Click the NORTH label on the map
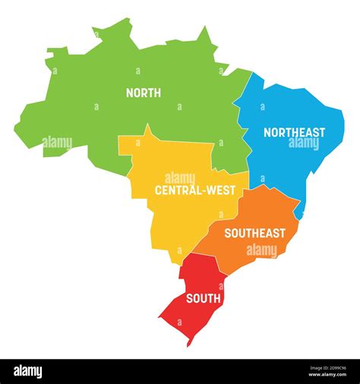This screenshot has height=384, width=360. pos(143,93)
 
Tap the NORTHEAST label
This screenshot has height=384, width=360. pos(294,133)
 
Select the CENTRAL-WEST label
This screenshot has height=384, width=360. pos(190,190)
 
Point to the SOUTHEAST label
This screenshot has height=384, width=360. pos(254,233)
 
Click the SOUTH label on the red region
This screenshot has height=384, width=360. pos(202,298)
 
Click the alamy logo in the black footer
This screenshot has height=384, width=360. pos(28,372)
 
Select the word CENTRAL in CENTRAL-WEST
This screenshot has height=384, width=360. pos(175,190)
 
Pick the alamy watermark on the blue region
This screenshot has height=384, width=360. pos(304,143)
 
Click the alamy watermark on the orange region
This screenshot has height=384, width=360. pos(262,250)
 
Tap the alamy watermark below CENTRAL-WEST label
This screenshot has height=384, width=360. pos(181,178)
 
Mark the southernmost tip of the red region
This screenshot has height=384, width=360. pos(189,345)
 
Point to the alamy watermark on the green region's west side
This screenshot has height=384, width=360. pos(58,142)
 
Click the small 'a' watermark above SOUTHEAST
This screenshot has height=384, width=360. pos(254,212)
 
